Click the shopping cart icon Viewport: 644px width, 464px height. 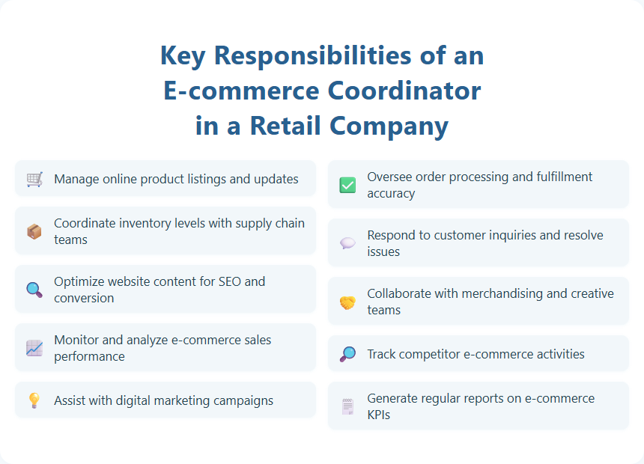click(34, 180)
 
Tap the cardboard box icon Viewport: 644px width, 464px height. click(34, 232)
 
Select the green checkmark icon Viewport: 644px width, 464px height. click(347, 185)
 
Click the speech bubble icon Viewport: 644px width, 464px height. click(347, 243)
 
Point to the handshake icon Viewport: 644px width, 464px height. click(347, 302)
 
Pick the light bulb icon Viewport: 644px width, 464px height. click(34, 400)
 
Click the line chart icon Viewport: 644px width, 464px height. click(34, 348)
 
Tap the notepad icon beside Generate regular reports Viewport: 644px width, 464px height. click(347, 406)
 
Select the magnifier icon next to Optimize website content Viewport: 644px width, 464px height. click(34, 290)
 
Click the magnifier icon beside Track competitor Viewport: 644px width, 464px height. click(347, 354)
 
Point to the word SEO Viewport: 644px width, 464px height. click(229, 281)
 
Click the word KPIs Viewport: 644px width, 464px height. click(380, 415)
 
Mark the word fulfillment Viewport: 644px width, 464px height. click(553, 177)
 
